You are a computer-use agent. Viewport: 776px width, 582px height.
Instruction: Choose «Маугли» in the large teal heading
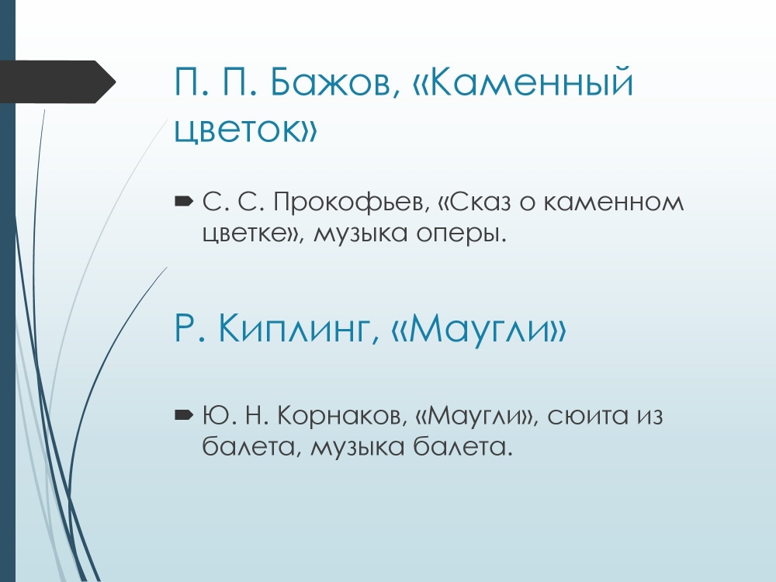[x=478, y=328]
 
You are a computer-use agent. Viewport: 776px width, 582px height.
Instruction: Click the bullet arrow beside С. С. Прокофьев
[x=184, y=201]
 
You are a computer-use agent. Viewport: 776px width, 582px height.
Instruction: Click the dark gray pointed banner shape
[x=57, y=81]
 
